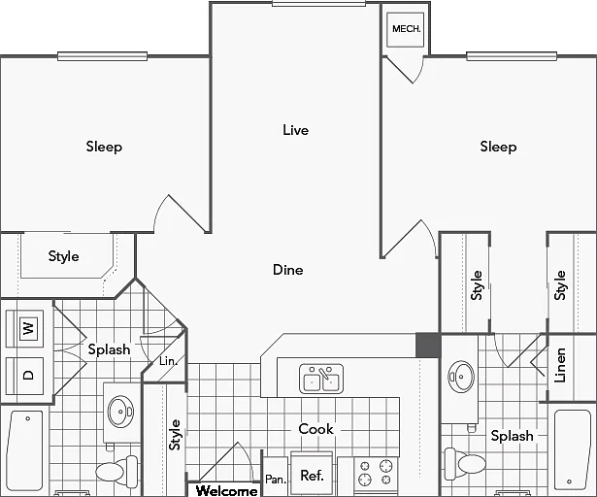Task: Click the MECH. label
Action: click(x=406, y=29)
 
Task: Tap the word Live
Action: click(x=295, y=130)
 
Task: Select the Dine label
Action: click(x=288, y=270)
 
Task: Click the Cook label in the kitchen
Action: click(x=315, y=429)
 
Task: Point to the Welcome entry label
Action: click(x=226, y=490)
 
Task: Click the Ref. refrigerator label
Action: click(x=312, y=476)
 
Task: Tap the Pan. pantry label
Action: click(x=276, y=480)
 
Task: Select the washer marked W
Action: click(x=24, y=328)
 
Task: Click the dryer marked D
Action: click(x=24, y=376)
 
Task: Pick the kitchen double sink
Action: click(x=321, y=379)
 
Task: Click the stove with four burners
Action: click(x=376, y=473)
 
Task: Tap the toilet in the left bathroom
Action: click(x=116, y=471)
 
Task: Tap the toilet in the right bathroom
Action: click(x=465, y=463)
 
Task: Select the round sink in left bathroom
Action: click(x=120, y=412)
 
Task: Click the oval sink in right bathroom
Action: click(x=461, y=377)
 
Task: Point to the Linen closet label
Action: click(x=560, y=365)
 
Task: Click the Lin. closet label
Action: click(x=168, y=361)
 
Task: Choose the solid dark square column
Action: click(x=428, y=346)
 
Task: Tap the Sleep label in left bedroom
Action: click(x=104, y=147)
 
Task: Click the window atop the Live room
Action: click(x=318, y=4)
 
